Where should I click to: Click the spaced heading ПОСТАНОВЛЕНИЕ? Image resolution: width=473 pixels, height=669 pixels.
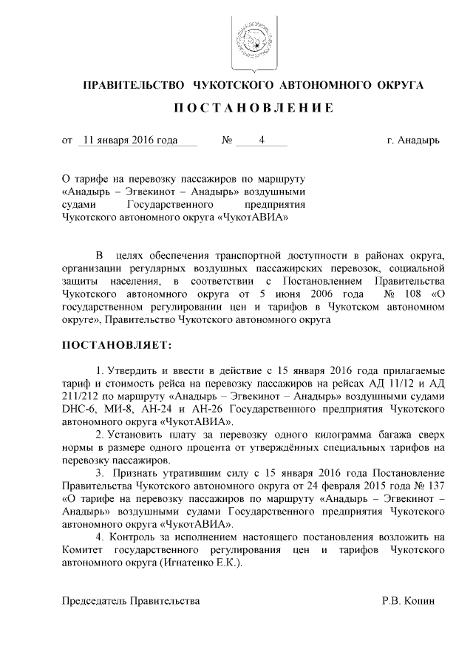coord(253,108)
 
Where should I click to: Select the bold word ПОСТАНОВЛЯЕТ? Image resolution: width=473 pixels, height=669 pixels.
coord(116,345)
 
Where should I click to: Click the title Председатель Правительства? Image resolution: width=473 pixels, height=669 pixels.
coord(131,601)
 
